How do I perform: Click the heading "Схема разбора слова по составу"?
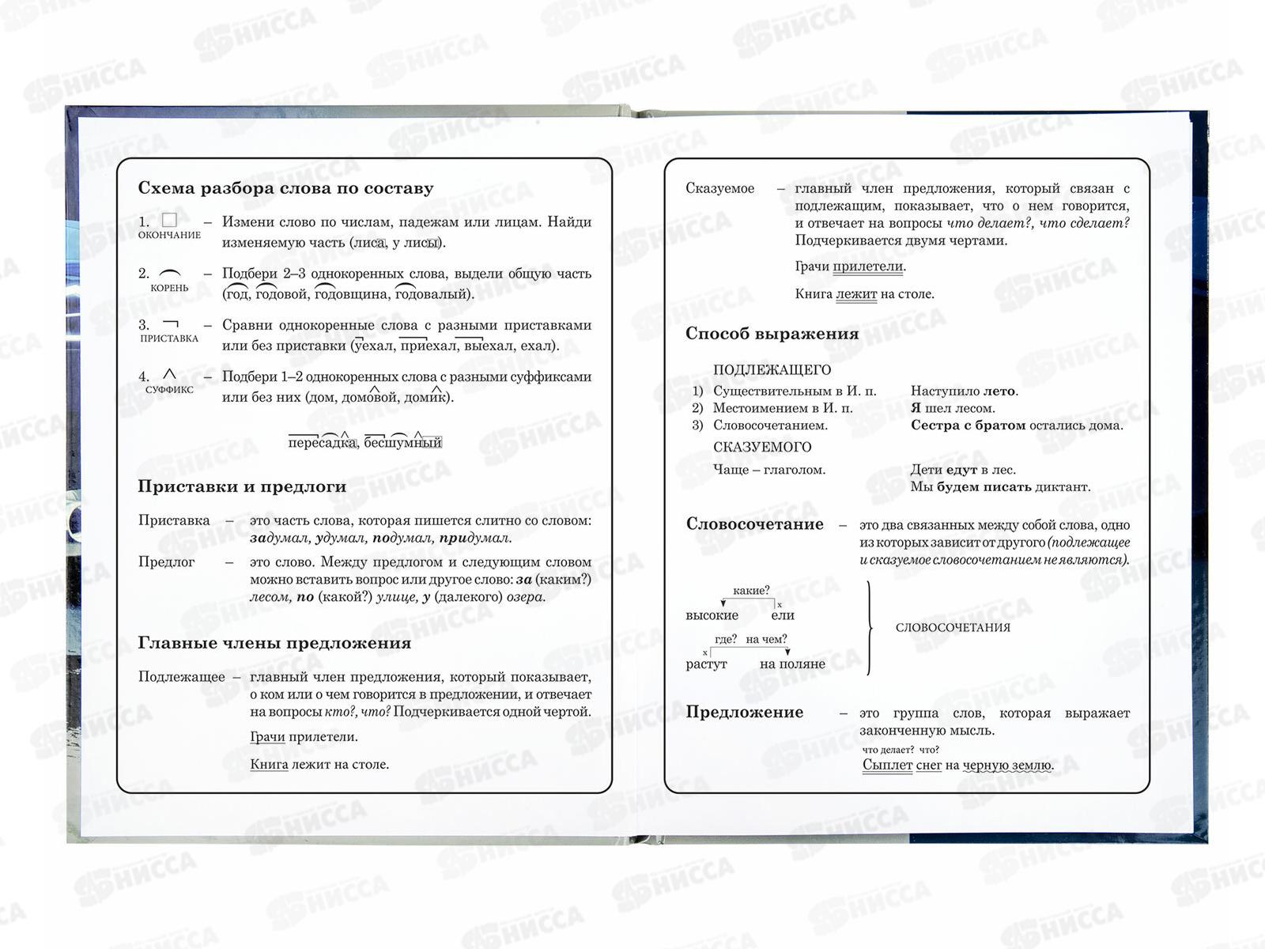coord(285,188)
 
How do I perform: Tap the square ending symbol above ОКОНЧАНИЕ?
coord(169,220)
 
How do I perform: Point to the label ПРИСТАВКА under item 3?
coord(169,338)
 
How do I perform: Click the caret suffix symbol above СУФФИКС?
coord(169,374)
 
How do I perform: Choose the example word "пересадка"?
coord(322,442)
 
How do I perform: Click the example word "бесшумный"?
coord(402,442)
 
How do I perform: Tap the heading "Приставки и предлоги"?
coord(242,486)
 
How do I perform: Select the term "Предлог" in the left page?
coord(166,562)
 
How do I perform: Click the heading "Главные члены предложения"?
coord(274,643)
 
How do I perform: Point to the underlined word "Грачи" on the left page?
coord(267,737)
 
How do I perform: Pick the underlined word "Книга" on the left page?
coord(269,765)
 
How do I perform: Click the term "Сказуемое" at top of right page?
coord(719,188)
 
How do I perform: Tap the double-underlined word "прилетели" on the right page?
coord(867,267)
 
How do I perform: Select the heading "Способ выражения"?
coord(772,334)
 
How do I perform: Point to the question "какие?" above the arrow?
coord(751,591)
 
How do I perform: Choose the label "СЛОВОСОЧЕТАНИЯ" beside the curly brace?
coord(953,628)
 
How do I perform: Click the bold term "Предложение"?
coord(744,713)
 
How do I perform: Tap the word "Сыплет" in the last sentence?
coord(887,766)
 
